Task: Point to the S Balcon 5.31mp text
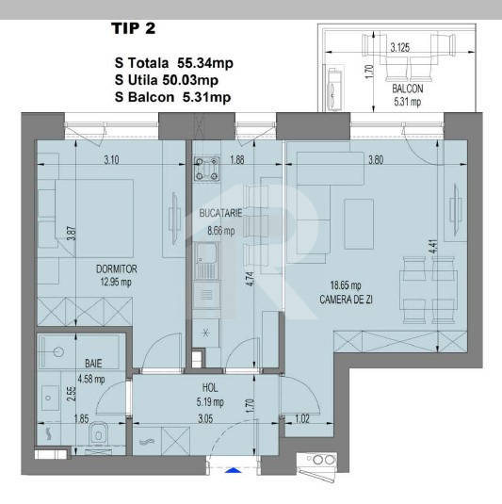172,96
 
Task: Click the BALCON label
411,91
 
